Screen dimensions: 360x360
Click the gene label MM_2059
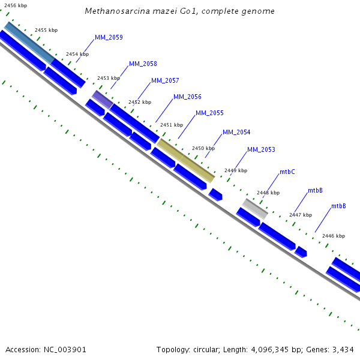tap(109, 37)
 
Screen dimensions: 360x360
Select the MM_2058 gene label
tap(143, 64)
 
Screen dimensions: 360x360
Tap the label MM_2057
tap(165, 80)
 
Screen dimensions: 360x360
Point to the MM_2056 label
tap(187, 97)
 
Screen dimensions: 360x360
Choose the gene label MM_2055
tap(209, 113)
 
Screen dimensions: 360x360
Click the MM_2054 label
tap(236, 132)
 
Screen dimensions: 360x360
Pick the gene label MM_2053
tap(261, 149)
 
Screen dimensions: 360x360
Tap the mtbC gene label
tap(287, 172)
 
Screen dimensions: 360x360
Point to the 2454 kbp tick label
tap(77, 54)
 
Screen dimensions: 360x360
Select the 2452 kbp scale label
tap(140, 102)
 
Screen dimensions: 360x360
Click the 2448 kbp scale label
tap(268, 193)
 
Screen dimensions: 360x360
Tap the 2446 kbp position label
tap(334, 236)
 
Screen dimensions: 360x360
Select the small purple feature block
tap(102, 100)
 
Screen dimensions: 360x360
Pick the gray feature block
tap(256, 209)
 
